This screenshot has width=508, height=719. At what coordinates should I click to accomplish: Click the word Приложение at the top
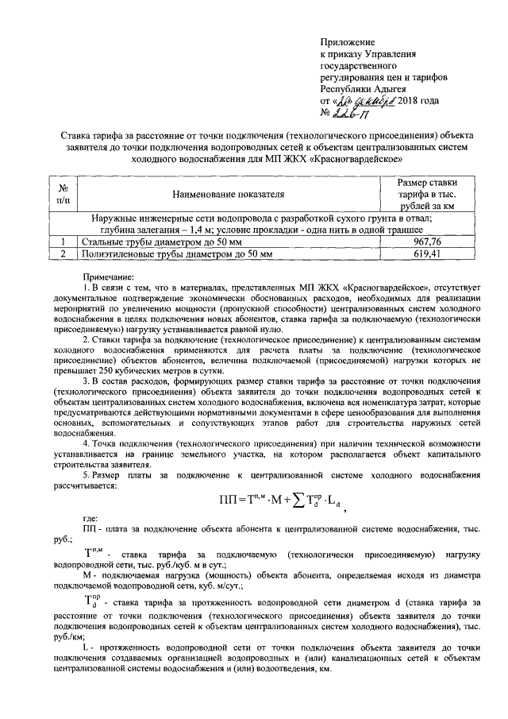pyautogui.click(x=346, y=41)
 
